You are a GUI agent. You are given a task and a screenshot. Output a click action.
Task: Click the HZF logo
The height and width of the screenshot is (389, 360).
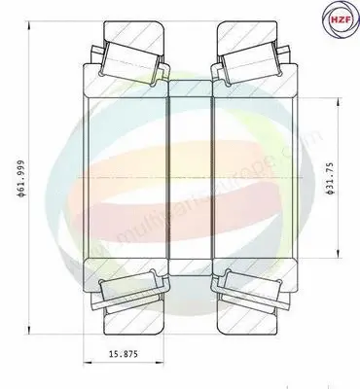[338, 20]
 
